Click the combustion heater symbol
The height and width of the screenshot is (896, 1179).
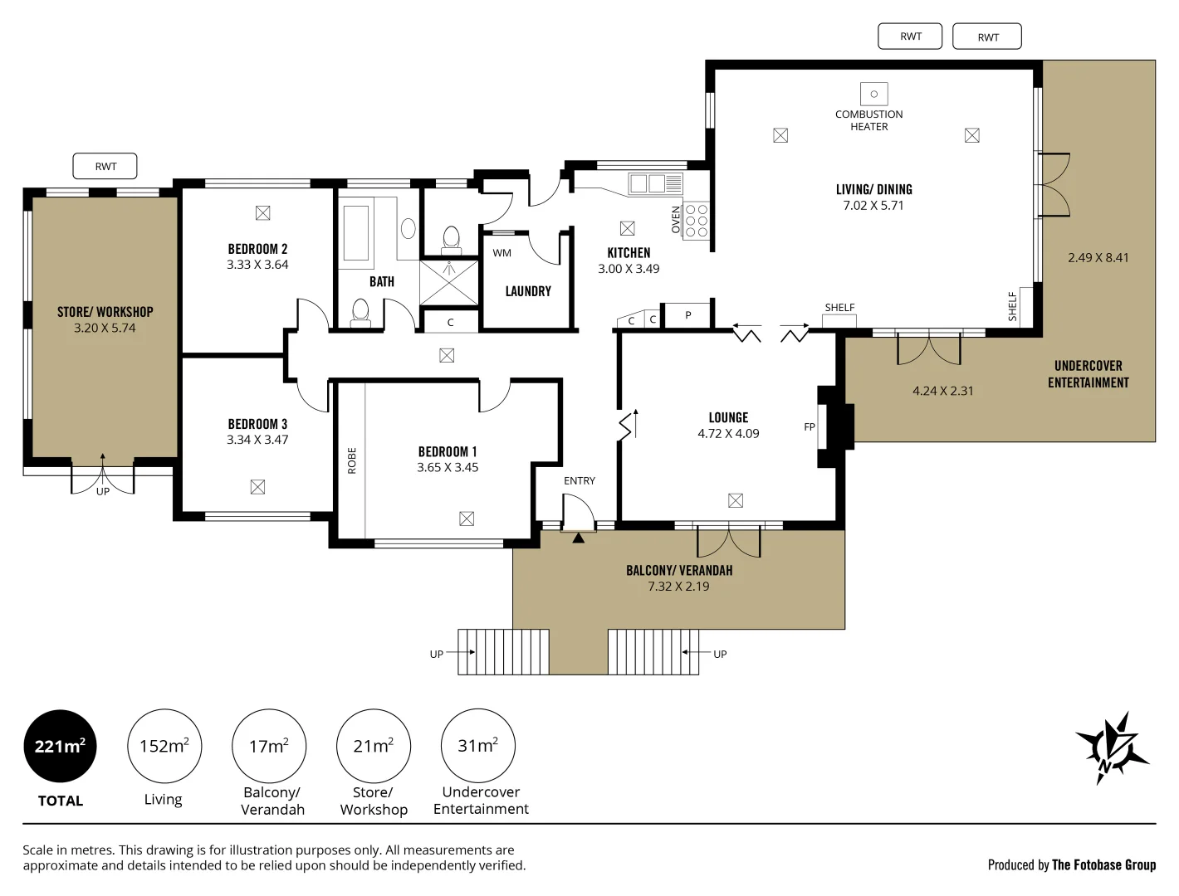coord(873,94)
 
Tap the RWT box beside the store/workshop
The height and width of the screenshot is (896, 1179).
coord(105,166)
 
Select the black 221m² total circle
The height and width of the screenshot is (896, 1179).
coord(60,746)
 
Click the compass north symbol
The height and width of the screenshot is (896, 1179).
coord(1112,747)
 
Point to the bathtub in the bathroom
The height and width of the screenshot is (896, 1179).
coord(356,233)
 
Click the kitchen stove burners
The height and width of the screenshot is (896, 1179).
coord(697,221)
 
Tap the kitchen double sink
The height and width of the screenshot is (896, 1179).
coord(655,183)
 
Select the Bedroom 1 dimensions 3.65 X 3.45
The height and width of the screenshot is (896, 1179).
coord(448,467)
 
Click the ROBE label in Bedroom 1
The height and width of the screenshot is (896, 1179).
coord(352,460)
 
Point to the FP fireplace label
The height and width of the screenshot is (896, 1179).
coord(810,426)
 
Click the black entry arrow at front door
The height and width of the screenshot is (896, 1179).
coord(578,538)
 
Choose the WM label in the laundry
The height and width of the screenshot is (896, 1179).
coord(502,253)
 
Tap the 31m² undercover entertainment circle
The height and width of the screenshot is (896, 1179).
coord(478,746)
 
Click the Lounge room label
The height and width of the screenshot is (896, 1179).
coord(728,417)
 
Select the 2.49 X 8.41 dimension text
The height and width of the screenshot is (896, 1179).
coord(1098,257)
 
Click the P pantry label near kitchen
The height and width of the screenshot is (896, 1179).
coord(687,315)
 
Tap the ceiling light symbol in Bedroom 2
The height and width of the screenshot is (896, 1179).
coord(263,213)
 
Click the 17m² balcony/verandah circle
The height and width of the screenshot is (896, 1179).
coord(269,746)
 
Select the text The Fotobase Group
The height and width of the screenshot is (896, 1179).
coord(1103,864)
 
